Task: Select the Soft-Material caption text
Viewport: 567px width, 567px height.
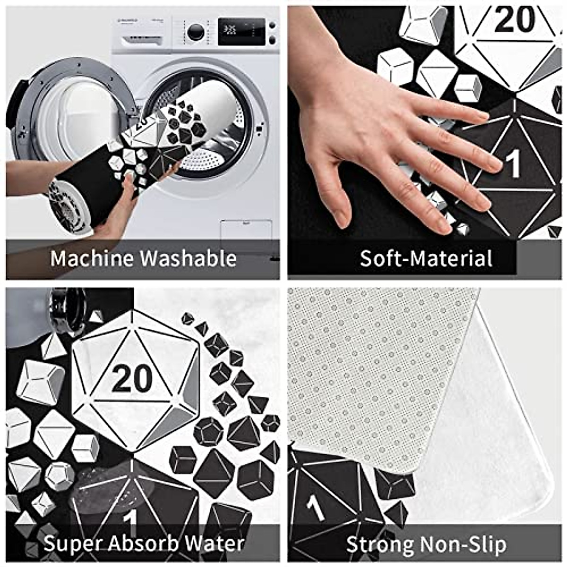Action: click(426, 258)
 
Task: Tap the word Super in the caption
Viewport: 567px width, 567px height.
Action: click(70, 544)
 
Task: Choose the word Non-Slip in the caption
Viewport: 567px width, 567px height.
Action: click(463, 544)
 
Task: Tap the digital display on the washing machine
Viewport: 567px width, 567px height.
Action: click(241, 31)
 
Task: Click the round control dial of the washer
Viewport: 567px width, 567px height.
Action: click(196, 32)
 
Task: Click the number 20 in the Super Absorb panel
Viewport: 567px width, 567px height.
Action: click(132, 379)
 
